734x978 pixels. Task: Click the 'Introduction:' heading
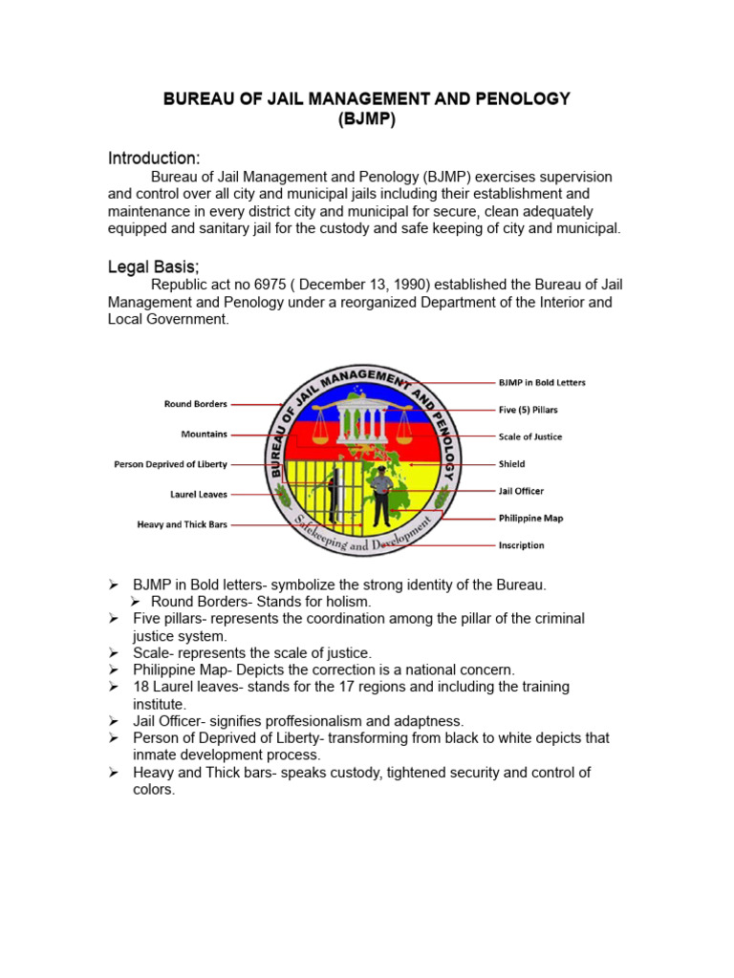pos(154,158)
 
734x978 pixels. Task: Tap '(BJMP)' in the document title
pos(366,119)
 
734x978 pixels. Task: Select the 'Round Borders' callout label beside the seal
pos(195,404)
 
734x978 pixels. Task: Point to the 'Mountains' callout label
pos(204,435)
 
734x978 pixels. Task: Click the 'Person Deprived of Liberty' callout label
pos(170,465)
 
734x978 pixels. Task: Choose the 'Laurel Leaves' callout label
pos(199,495)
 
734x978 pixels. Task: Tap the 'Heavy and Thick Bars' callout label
pos(182,524)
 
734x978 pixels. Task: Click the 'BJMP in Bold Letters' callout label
pos(542,383)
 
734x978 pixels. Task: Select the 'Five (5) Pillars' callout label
pos(528,410)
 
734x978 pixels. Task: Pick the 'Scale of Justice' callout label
pos(530,436)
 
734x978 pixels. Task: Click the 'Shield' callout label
pos(511,464)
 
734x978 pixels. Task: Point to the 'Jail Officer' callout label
pos(521,491)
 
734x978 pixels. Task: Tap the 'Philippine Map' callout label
pos(530,518)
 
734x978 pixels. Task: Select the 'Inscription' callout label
pos(521,545)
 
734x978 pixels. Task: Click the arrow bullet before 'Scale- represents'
pos(113,653)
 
